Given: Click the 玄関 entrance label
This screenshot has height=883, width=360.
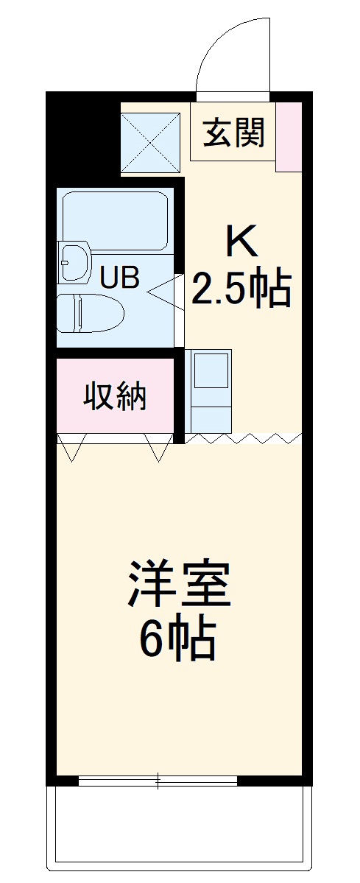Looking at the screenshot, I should point(233,135).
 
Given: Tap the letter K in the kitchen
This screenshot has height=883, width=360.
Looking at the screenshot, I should point(242,241).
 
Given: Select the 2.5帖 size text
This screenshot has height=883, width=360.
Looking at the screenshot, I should point(241,289).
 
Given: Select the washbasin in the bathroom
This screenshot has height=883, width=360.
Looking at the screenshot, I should point(74,262).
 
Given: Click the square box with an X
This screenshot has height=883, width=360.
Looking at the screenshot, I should point(150,143).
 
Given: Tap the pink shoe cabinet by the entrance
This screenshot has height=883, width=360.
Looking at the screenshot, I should point(288,136).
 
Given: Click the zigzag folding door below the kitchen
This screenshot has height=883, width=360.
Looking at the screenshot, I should point(243,439).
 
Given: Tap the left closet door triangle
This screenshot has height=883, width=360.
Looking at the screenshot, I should point(71,447).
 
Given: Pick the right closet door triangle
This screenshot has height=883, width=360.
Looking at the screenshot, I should point(158,447).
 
